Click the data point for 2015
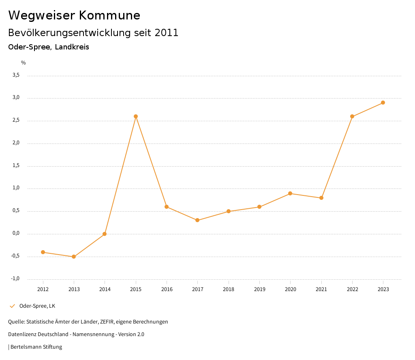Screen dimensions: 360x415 (x=136, y=116)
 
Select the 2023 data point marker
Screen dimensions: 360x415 (x=383, y=103)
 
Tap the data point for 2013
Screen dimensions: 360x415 (x=74, y=257)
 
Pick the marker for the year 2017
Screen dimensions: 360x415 (x=197, y=220)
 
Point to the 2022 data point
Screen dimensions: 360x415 (x=352, y=116)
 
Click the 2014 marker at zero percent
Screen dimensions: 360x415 (x=105, y=234)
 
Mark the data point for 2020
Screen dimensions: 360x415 (x=290, y=193)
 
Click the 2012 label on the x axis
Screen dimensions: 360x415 (x=43, y=289)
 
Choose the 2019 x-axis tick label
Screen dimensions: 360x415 (x=259, y=289)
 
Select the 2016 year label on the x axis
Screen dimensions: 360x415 (x=167, y=289)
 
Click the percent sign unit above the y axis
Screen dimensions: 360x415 (x=24, y=63)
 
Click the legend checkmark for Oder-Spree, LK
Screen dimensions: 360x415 (x=12, y=306)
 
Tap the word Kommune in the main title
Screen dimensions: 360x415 (x=109, y=15)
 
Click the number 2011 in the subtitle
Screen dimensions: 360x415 (x=167, y=33)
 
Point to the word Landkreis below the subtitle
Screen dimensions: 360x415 (x=72, y=47)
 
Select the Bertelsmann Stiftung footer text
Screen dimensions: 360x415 (x=36, y=347)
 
